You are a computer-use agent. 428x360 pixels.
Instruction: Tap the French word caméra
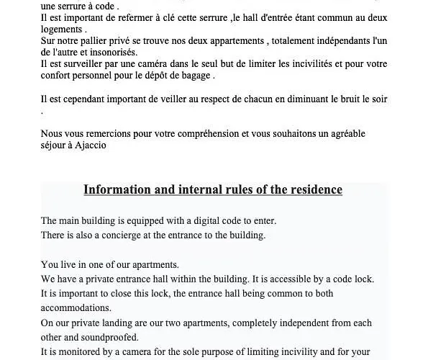(170, 64)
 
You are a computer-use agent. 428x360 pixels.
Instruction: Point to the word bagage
(195, 76)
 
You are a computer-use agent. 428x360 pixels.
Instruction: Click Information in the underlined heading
(115, 190)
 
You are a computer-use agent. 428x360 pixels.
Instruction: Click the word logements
(63, 30)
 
